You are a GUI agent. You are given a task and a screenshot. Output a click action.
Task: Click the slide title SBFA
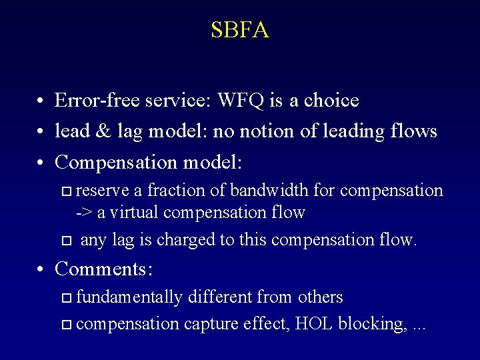coord(240,30)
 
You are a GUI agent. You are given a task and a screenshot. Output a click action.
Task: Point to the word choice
coord(331,101)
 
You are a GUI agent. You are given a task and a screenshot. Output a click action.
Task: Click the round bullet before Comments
coord(41,270)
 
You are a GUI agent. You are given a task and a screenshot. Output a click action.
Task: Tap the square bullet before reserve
coord(65,192)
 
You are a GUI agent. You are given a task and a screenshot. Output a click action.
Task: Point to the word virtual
coord(135,213)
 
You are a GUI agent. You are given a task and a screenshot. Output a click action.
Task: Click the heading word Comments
coord(104,269)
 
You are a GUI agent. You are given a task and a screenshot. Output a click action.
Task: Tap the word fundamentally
coord(128,297)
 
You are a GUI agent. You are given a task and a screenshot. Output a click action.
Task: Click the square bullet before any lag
coord(65,240)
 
